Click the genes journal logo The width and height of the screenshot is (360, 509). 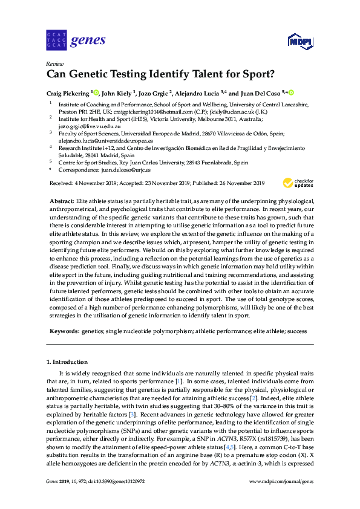[x=76, y=41]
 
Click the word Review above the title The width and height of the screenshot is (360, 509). [x=55, y=64]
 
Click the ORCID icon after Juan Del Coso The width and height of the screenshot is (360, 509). [x=291, y=92]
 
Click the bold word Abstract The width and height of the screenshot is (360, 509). [x=62, y=200]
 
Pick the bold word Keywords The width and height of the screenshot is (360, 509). [x=64, y=331]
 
